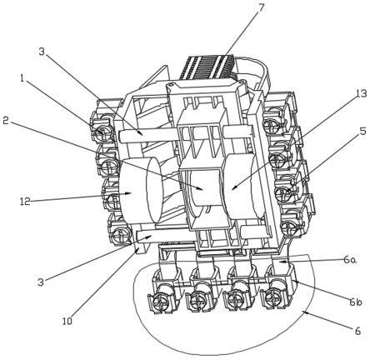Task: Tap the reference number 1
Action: pyautogui.click(x=22, y=79)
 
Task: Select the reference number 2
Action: pyautogui.click(x=7, y=121)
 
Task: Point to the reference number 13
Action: pyautogui.click(x=361, y=94)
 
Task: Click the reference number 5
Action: pyautogui.click(x=362, y=131)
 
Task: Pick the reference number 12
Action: pyautogui.click(x=25, y=202)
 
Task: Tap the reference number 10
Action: pyautogui.click(x=67, y=321)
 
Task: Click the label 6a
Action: pyautogui.click(x=350, y=260)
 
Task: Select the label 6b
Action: pyautogui.click(x=355, y=302)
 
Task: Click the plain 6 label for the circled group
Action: pyautogui.click(x=357, y=331)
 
